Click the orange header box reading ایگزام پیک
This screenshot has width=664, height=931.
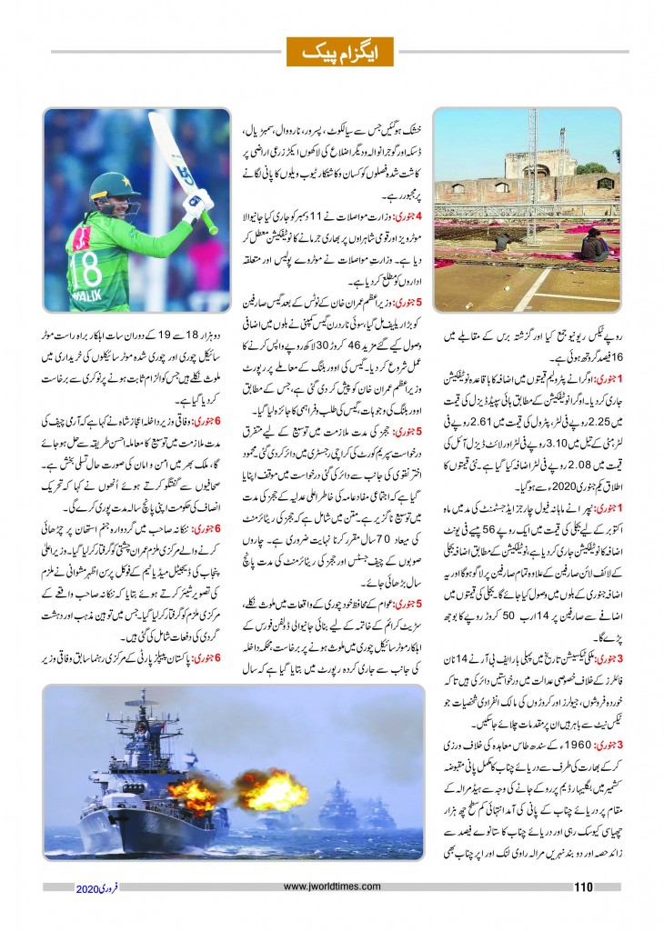click(x=331, y=52)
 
